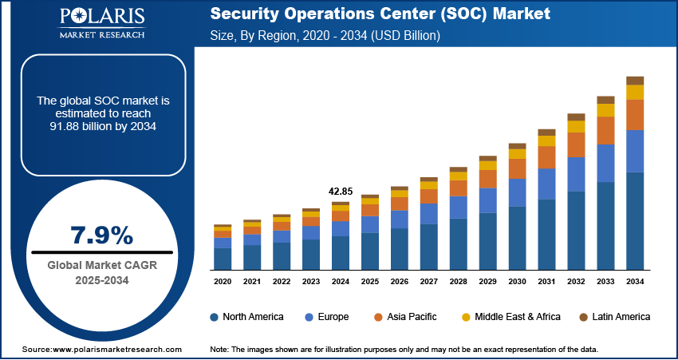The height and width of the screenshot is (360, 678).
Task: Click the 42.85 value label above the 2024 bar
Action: [341, 192]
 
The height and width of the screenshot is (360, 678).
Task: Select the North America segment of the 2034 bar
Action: [635, 220]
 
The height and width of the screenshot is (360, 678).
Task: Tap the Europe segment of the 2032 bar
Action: [576, 174]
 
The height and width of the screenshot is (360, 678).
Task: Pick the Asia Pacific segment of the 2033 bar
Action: [605, 130]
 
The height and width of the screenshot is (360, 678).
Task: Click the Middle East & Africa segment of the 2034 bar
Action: [635, 92]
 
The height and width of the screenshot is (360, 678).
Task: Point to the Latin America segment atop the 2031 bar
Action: [546, 132]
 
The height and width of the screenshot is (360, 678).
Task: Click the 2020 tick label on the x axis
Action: [223, 282]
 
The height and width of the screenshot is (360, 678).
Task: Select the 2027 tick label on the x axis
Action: [429, 282]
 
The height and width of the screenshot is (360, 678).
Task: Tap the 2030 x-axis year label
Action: [517, 282]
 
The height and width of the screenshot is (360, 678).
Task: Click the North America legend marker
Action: [215, 317]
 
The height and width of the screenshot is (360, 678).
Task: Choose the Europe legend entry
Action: [327, 317]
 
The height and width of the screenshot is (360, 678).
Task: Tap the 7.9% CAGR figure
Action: [102, 235]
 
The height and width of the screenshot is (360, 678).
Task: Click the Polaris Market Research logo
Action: [101, 24]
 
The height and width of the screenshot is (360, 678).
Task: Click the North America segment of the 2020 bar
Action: [223, 259]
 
